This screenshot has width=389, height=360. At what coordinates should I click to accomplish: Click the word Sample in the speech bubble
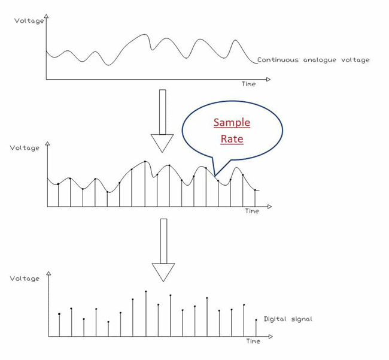pyautogui.click(x=232, y=123)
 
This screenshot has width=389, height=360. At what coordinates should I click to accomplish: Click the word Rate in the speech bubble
pyautogui.click(x=232, y=139)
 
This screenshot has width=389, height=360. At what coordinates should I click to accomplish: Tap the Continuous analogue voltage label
pyautogui.click(x=314, y=60)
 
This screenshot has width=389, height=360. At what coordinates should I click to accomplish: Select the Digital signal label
pyautogui.click(x=288, y=319)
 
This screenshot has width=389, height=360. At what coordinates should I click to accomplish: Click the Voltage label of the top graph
pyautogui.click(x=29, y=21)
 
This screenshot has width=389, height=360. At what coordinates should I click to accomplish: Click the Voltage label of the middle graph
pyautogui.click(x=25, y=148)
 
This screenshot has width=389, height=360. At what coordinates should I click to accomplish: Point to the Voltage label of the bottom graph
pyautogui.click(x=25, y=279)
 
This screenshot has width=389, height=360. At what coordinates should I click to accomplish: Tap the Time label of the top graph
pyautogui.click(x=248, y=84)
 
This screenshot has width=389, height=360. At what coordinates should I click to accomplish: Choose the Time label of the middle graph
pyautogui.click(x=252, y=211)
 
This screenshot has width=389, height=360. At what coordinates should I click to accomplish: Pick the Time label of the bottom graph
pyautogui.click(x=253, y=341)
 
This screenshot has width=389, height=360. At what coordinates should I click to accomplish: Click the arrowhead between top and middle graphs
pyautogui.click(x=162, y=143)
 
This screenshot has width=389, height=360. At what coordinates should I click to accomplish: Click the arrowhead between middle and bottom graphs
pyautogui.click(x=163, y=273)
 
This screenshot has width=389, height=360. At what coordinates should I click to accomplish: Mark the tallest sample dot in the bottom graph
pyautogui.click(x=146, y=292)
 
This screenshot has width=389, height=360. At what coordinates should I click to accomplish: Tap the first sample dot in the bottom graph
pyautogui.click(x=59, y=314)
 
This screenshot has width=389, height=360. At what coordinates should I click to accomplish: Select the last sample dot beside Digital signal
pyautogui.click(x=256, y=320)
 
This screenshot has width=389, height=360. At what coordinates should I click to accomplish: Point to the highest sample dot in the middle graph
pyautogui.click(x=145, y=162)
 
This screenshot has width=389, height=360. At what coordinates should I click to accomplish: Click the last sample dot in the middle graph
pyautogui.click(x=255, y=190)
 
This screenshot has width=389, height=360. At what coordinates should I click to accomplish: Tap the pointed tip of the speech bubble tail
pyautogui.click(x=215, y=176)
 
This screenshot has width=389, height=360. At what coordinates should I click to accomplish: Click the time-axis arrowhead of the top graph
pyautogui.click(x=268, y=80)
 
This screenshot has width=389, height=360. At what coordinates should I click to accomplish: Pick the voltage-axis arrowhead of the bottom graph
pyautogui.click(x=48, y=273)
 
